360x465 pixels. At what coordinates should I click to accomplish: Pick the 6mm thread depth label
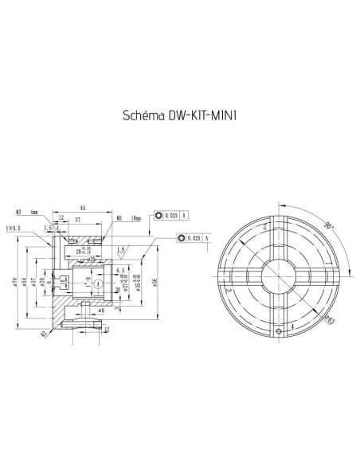tap(34, 213)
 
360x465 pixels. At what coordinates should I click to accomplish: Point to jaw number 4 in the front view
tap(292, 326)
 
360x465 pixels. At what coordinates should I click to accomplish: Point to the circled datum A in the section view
tap(96, 283)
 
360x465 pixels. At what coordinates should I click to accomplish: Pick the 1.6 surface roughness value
tap(120, 249)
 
